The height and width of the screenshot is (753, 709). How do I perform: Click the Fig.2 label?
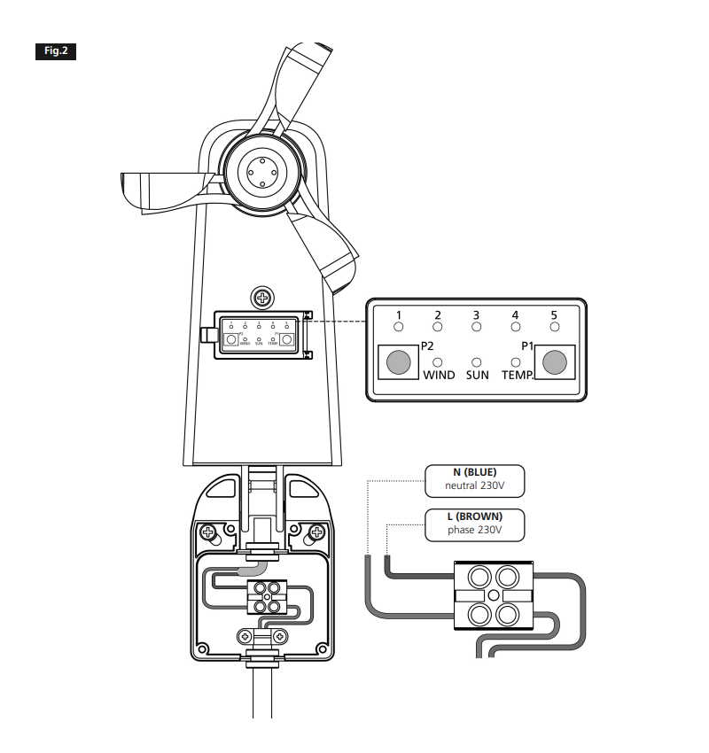tap(56, 50)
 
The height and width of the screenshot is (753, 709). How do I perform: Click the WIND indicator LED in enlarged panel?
tap(438, 362)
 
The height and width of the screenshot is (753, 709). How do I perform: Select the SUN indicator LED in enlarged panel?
tap(477, 362)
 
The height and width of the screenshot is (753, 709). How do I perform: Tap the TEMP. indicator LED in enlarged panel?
tap(517, 362)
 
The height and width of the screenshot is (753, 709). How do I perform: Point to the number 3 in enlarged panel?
tap(477, 315)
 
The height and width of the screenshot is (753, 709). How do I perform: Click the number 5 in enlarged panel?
tap(555, 315)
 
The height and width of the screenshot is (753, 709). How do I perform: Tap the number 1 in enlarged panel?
tap(399, 315)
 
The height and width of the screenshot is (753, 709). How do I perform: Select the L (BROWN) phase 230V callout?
tap(475, 524)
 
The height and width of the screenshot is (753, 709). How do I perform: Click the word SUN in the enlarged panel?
tap(477, 376)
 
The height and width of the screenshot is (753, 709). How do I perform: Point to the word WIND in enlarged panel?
tap(439, 376)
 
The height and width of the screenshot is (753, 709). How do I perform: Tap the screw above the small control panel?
tap(261, 296)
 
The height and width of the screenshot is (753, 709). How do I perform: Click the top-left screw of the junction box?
tap(208, 533)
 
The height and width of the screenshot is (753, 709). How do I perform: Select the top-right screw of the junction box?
tap(316, 533)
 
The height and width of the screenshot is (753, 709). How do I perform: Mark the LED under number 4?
tap(516, 328)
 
